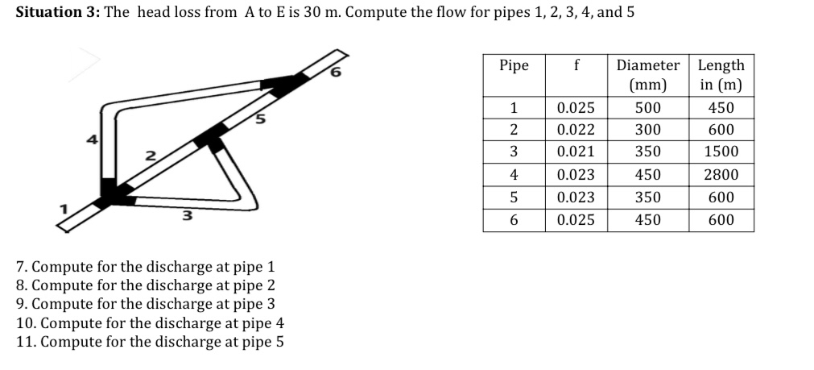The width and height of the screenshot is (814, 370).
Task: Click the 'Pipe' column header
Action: (514, 65)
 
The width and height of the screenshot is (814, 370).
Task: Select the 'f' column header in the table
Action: (576, 65)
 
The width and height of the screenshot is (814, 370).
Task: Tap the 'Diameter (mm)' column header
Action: (647, 75)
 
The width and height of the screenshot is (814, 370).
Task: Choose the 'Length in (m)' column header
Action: (721, 75)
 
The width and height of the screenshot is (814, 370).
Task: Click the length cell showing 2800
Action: (721, 175)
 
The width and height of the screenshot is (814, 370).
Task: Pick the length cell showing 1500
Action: (721, 152)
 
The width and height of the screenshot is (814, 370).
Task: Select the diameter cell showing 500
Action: (647, 108)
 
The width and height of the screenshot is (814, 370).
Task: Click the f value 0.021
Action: (576, 152)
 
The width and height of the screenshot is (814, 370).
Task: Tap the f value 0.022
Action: (576, 130)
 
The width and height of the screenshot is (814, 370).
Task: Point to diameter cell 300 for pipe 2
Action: (647, 130)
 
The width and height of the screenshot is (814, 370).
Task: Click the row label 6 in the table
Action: (514, 219)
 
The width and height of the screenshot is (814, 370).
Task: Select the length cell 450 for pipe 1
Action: (721, 108)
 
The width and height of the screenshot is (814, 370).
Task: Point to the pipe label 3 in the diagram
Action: (186, 215)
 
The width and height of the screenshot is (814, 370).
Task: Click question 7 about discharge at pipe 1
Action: (146, 267)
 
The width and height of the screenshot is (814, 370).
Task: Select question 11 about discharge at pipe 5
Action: (149, 341)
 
